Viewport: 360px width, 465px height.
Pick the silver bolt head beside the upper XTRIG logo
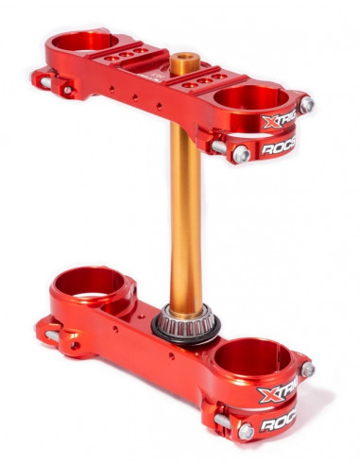pos(306,105)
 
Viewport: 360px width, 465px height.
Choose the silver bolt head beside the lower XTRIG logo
pos(307,370)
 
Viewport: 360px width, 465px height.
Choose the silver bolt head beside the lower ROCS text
pos(245,430)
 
